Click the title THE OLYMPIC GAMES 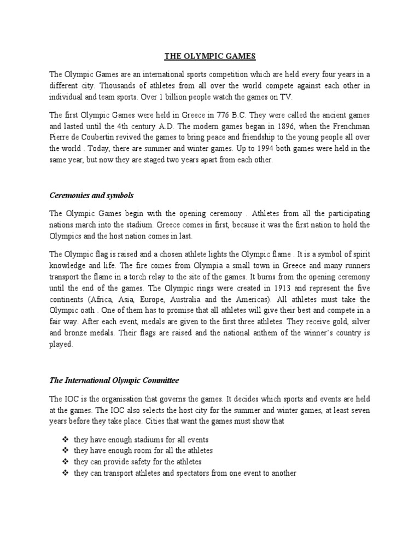point(209,56)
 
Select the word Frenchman point(349,127)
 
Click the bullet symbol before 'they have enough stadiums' point(66,440)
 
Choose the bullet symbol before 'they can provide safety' point(66,462)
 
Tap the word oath point(90,311)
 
